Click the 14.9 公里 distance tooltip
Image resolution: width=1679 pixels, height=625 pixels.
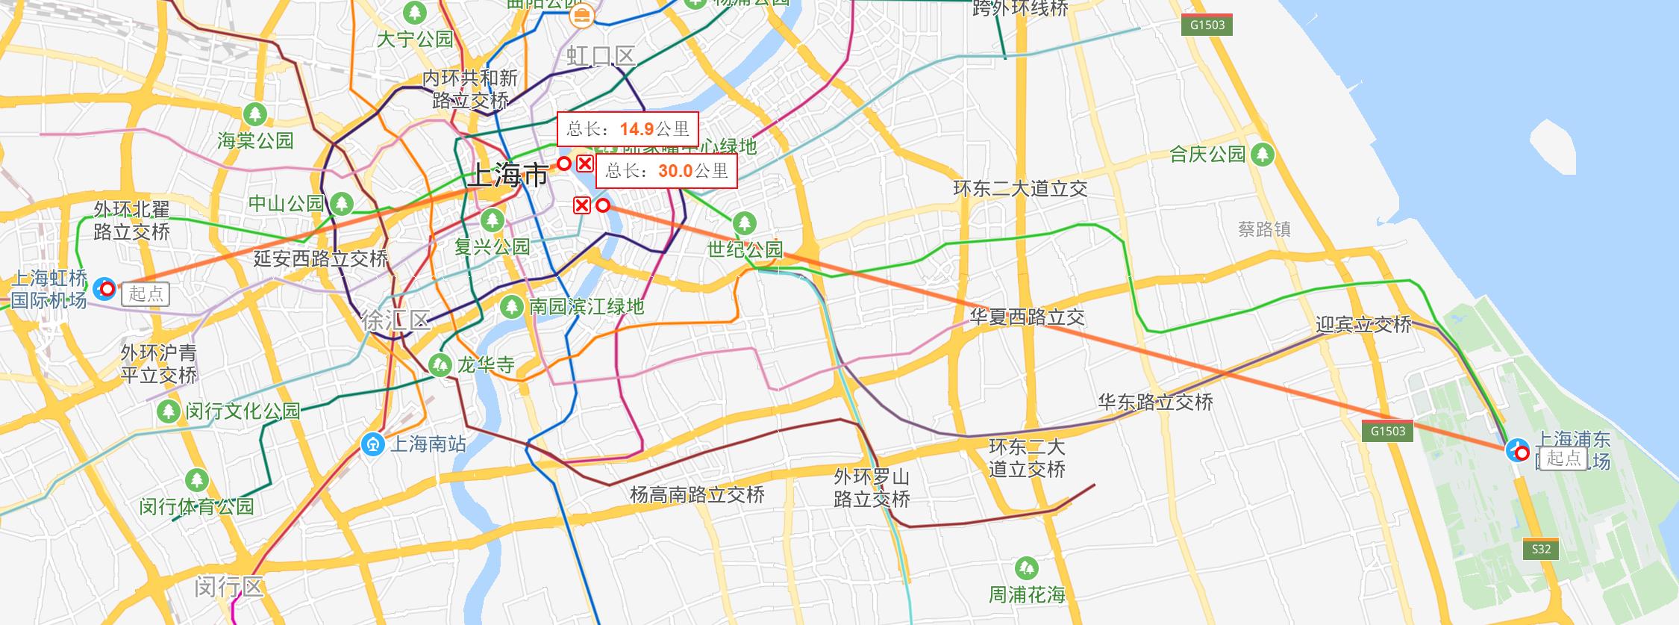[628, 129]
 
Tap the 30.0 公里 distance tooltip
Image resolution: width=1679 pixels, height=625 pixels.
[666, 171]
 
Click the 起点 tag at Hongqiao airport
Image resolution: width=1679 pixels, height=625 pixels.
[146, 293]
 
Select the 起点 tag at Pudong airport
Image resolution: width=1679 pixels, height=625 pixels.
[1563, 458]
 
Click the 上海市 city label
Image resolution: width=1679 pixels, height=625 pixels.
[507, 176]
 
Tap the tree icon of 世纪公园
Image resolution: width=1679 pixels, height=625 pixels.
[744, 223]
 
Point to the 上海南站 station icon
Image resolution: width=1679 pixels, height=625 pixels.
[372, 444]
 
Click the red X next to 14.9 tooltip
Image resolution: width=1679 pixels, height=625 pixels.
[585, 164]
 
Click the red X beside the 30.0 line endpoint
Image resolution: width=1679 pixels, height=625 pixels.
[582, 205]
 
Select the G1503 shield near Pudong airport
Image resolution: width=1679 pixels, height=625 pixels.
[1388, 431]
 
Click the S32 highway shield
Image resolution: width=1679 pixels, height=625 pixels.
[1541, 550]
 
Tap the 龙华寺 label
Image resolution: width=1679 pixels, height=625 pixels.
[486, 365]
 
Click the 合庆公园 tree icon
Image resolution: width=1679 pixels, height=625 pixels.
[1263, 155]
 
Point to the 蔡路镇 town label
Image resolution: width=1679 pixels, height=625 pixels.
[1264, 229]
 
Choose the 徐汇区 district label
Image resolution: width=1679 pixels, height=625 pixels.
[395, 321]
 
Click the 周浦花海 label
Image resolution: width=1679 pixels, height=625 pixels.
[1027, 594]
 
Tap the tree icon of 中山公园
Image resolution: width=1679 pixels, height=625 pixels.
[342, 203]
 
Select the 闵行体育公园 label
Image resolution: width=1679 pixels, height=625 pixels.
[197, 506]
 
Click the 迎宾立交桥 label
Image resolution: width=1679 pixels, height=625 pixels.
[1363, 324]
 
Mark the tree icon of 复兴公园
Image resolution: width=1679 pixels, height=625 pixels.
[492, 220]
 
